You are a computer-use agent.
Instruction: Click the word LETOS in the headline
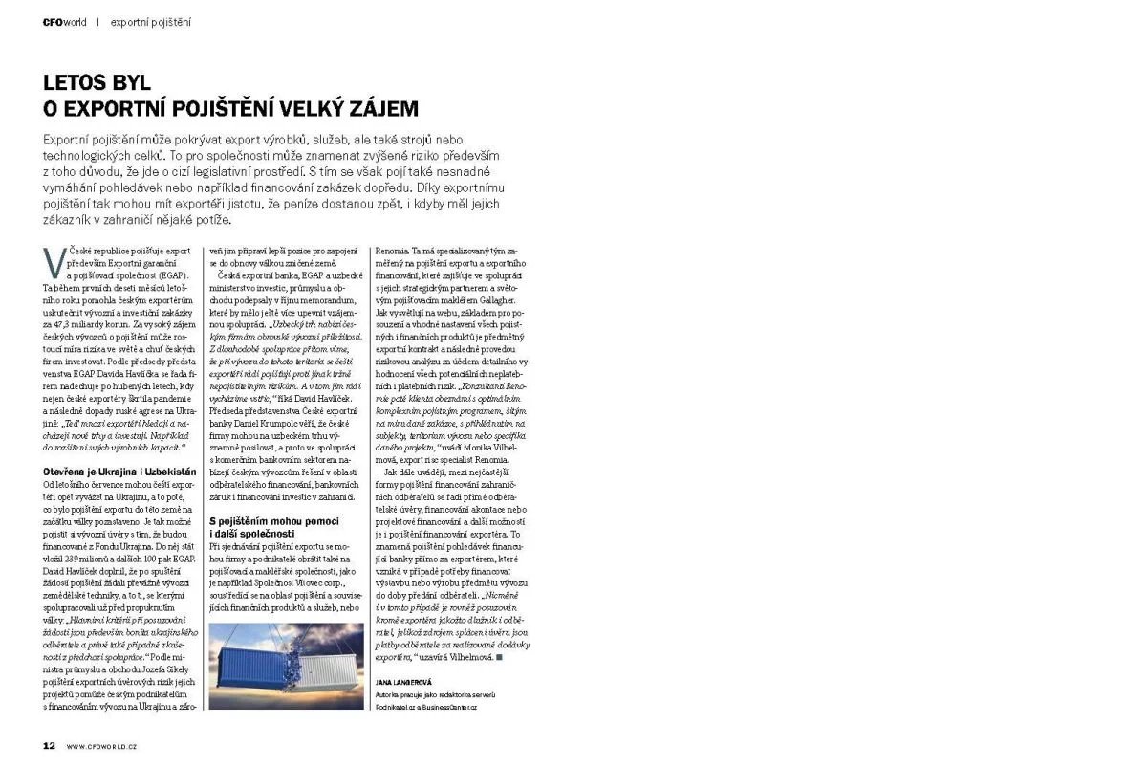click(81, 83)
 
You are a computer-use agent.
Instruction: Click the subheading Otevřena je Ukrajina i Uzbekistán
click(119, 472)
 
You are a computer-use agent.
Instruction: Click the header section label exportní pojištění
click(150, 22)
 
